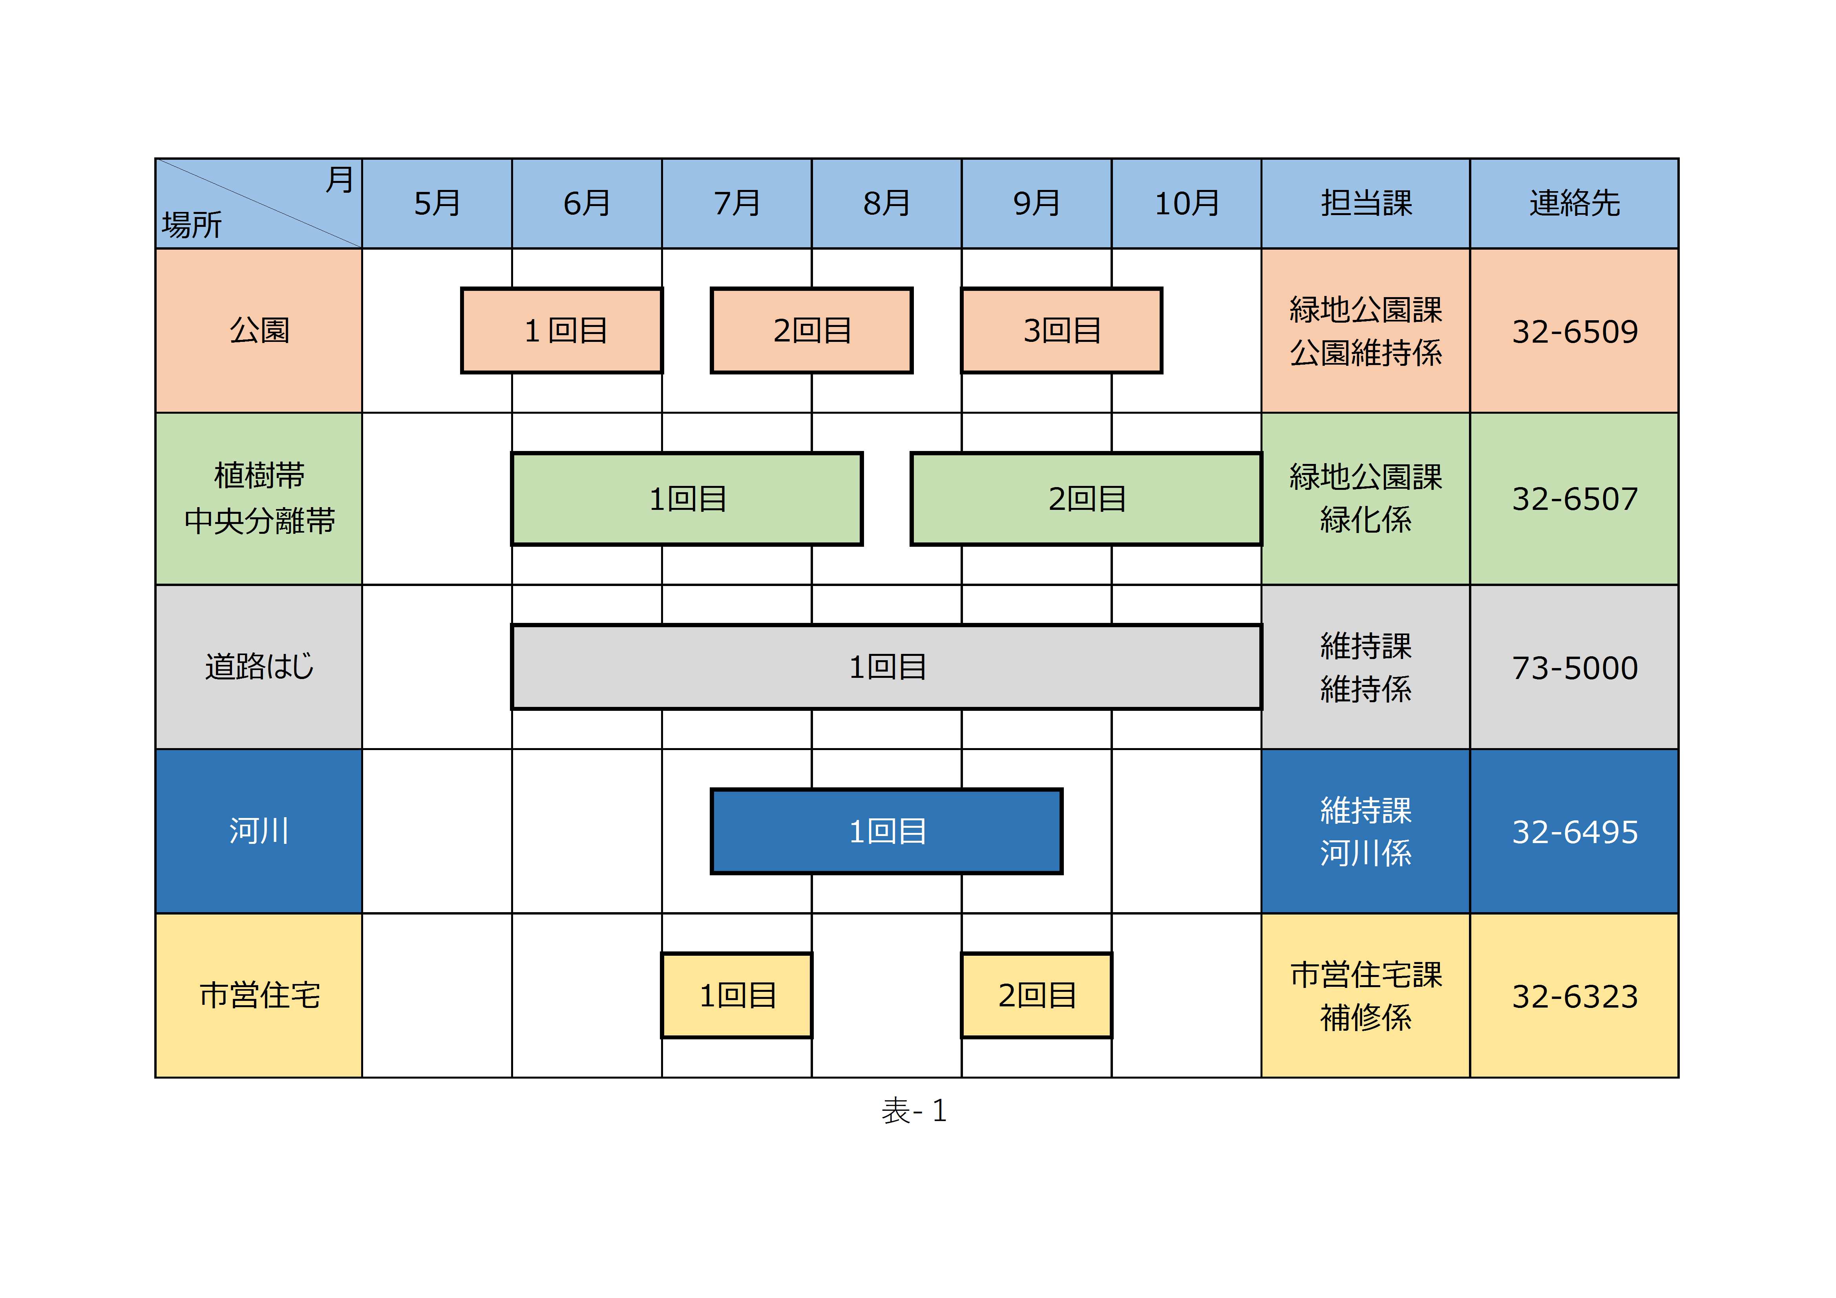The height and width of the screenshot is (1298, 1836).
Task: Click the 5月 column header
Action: [x=437, y=203]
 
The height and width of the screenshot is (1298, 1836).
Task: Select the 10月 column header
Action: [x=1187, y=203]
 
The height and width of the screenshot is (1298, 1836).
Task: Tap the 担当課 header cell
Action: [x=1366, y=203]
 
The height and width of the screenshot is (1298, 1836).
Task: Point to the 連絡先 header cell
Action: [x=1575, y=203]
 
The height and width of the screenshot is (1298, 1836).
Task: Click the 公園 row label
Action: [x=259, y=330]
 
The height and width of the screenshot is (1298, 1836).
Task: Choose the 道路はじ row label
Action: [x=259, y=667]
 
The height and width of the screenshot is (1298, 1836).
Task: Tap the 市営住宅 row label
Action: [x=259, y=996]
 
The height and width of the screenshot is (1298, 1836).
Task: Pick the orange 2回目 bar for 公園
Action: [x=812, y=330]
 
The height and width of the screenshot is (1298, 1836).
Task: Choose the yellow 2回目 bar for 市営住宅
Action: [x=1036, y=996]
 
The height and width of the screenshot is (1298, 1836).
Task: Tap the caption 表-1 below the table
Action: [x=914, y=1111]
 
